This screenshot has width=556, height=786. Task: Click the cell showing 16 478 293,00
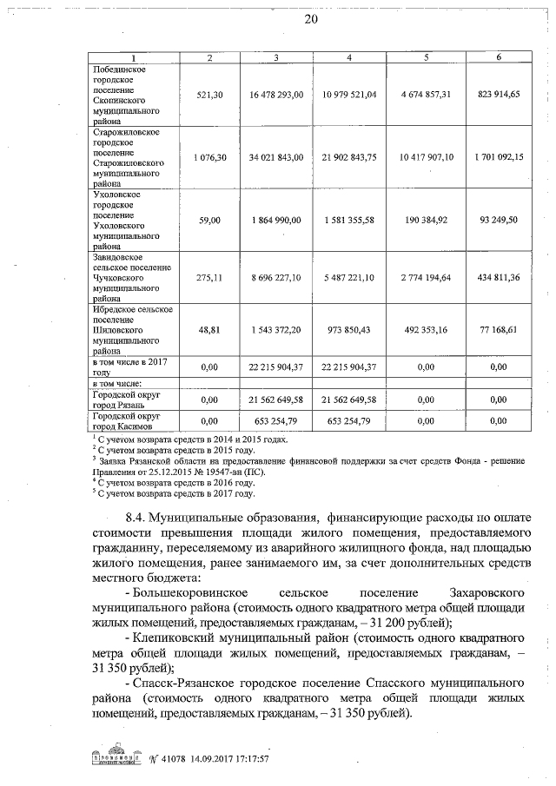click(275, 94)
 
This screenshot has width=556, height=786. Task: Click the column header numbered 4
click(347, 57)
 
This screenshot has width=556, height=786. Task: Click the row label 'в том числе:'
click(118, 383)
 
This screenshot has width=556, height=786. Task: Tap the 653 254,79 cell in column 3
click(275, 421)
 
